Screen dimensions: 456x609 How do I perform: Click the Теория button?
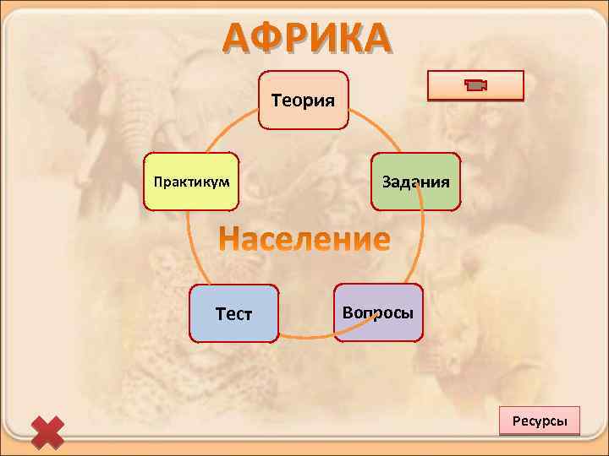303,100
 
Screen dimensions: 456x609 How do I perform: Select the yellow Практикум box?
191,182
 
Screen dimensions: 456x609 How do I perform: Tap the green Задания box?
415,182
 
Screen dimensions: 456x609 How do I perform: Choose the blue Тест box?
234,313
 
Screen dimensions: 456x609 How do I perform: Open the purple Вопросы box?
378,312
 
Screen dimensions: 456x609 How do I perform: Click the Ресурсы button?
540,421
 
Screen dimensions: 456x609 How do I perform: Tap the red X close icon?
47,431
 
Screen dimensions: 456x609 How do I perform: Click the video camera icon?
476,85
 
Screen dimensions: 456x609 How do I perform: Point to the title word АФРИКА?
307,37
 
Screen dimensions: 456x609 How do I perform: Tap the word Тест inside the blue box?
234,314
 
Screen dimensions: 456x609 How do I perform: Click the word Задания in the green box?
415,182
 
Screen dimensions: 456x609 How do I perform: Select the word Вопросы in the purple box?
378,312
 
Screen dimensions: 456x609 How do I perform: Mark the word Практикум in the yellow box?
191,182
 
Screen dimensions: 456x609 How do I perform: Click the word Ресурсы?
540,421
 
